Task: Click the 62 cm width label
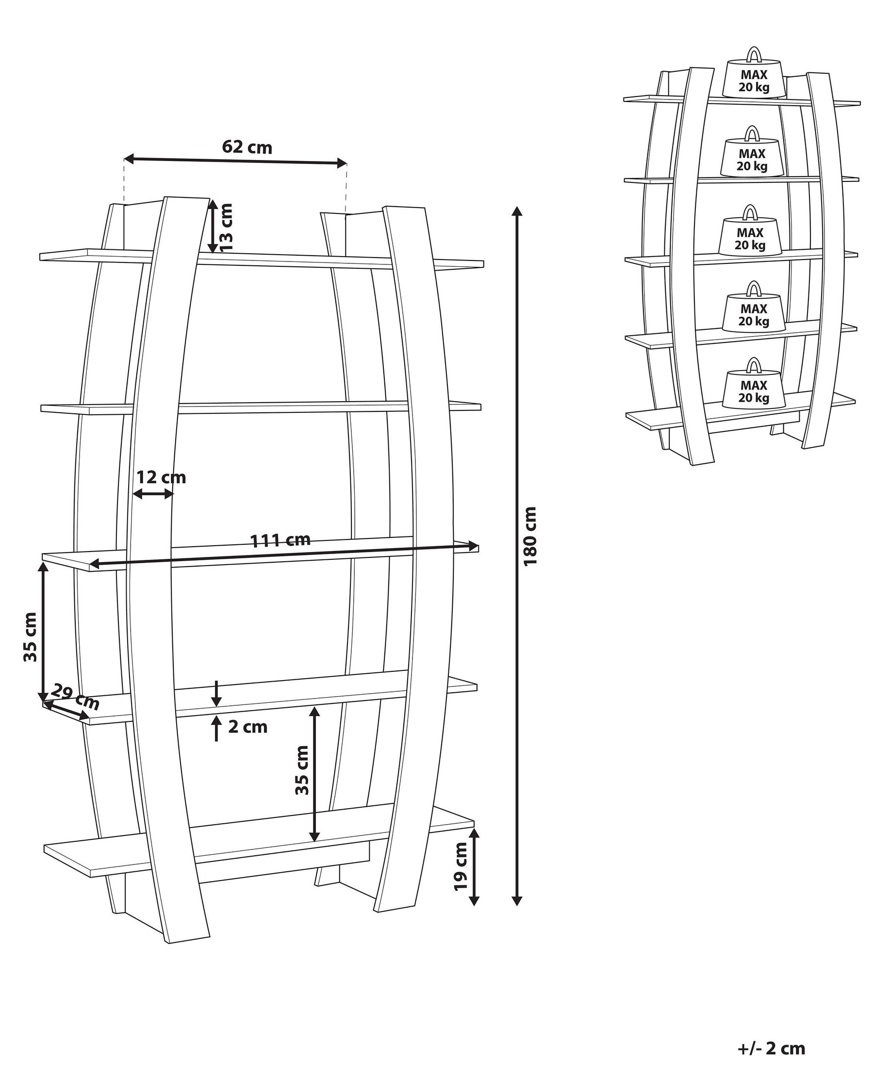click(x=247, y=147)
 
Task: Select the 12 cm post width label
click(x=161, y=477)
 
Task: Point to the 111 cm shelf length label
click(x=280, y=540)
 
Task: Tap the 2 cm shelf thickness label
click(x=247, y=727)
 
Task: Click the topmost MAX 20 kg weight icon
click(x=754, y=80)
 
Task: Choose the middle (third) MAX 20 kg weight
click(x=750, y=237)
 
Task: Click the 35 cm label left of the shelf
click(x=31, y=637)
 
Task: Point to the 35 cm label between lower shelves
click(x=302, y=777)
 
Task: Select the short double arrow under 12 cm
click(x=153, y=494)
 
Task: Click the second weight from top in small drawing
click(x=752, y=158)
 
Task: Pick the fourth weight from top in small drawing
click(x=754, y=313)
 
